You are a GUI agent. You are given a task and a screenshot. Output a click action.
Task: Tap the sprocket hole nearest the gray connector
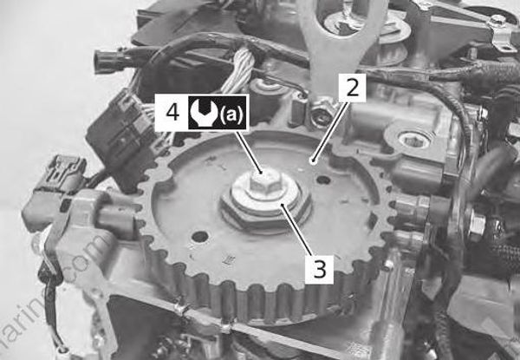pyautogui.click(x=200, y=236)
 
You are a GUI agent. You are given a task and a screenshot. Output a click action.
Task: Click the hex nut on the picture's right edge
pyautogui.click(x=476, y=225)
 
